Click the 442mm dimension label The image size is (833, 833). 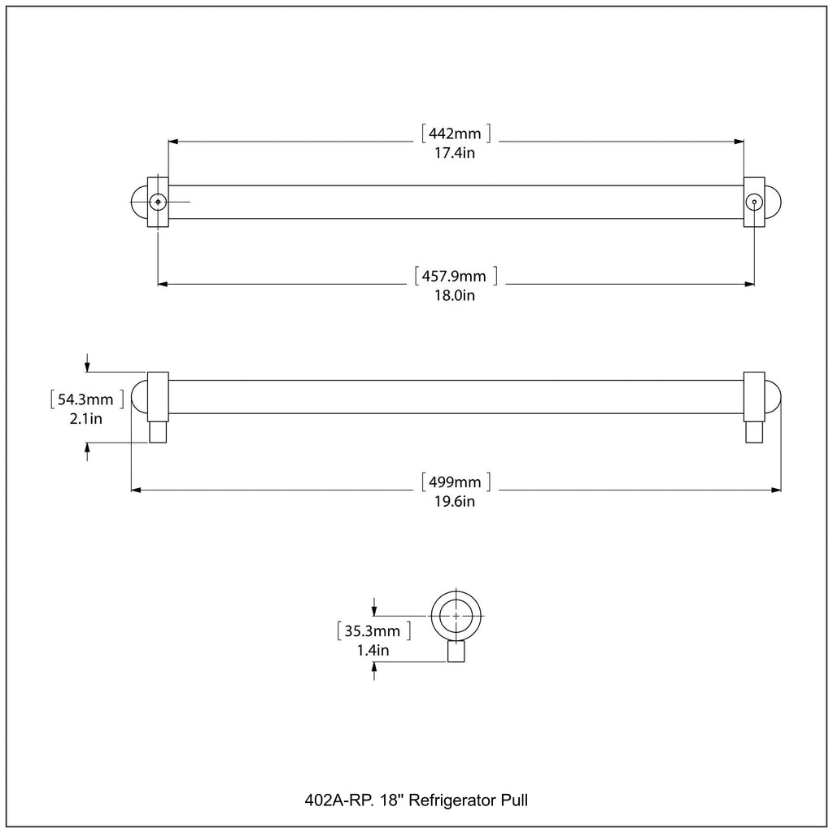click(455, 133)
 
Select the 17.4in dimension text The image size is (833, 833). click(455, 153)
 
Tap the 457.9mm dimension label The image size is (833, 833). click(454, 277)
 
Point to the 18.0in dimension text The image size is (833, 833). click(455, 295)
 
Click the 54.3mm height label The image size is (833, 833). click(85, 399)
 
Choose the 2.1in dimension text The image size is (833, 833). click(85, 419)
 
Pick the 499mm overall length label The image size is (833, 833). click(455, 482)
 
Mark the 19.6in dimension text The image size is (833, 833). click(455, 501)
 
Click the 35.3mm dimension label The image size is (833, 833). click(373, 631)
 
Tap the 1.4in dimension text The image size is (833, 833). click(373, 650)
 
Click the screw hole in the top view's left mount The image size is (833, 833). click(158, 202)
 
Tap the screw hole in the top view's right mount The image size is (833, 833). click(754, 202)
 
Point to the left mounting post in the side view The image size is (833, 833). click(158, 432)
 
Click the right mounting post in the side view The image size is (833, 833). click(754, 432)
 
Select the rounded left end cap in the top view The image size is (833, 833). click(136, 202)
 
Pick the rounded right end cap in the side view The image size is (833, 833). click(775, 397)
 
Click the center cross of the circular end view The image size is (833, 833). click(456, 616)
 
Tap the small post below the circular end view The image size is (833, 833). click(456, 652)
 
